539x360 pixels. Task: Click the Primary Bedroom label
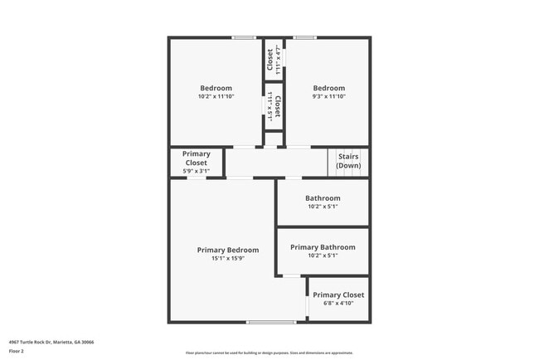227,250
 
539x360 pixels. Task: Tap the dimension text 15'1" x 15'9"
227,258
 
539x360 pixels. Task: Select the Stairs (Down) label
348,161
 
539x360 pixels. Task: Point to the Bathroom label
323,198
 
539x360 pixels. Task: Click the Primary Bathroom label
323,247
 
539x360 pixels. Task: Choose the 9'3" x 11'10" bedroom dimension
328,96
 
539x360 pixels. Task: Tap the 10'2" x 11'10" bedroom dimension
216,96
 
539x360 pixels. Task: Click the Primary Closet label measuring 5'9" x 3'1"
197,158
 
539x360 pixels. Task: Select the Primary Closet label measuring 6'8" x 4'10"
338,294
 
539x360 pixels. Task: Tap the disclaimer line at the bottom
269,353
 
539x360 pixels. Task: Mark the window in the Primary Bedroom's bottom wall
270,322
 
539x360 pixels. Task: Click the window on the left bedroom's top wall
243,37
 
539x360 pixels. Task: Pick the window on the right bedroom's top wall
304,37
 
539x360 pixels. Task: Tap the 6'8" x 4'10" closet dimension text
338,303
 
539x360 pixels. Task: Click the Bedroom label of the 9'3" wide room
328,88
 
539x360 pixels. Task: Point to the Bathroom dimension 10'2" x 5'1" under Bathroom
323,207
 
